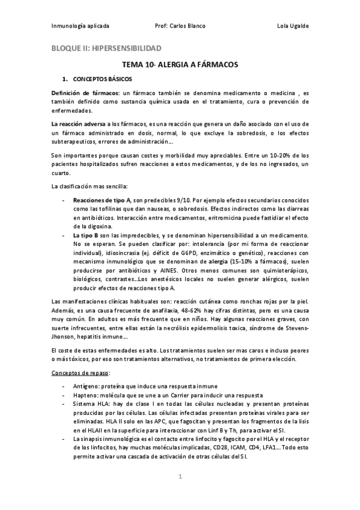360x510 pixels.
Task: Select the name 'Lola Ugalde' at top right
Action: click(293, 26)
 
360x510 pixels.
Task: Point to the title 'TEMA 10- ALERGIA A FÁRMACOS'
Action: click(180, 64)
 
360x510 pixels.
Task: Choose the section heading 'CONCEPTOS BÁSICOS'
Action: click(102, 79)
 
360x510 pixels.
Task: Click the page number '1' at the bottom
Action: click(180, 476)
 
